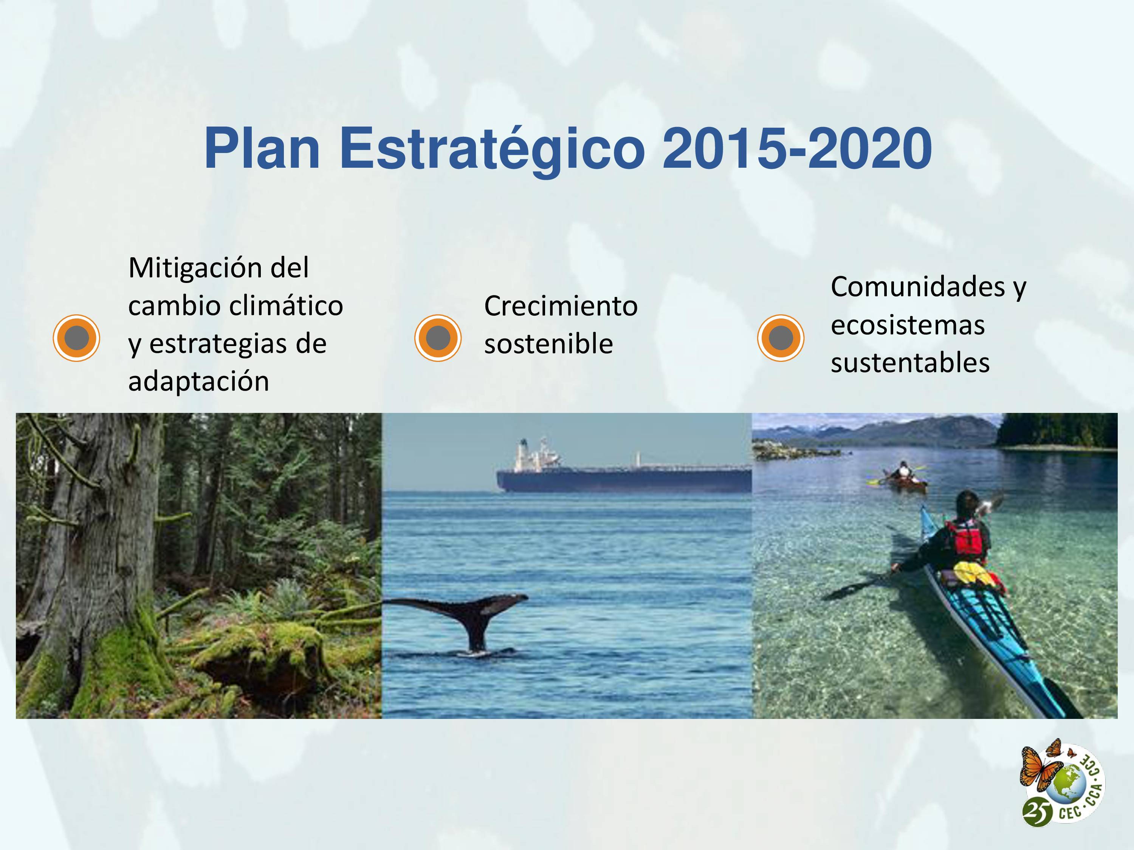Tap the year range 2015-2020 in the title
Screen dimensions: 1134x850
[797, 148]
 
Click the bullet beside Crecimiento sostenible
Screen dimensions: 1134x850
[438, 338]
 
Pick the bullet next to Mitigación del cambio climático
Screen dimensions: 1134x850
[76, 338]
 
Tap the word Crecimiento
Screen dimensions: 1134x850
[561, 306]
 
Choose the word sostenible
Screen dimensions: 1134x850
[548, 344]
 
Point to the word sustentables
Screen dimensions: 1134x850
[910, 363]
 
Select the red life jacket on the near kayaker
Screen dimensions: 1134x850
[967, 538]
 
